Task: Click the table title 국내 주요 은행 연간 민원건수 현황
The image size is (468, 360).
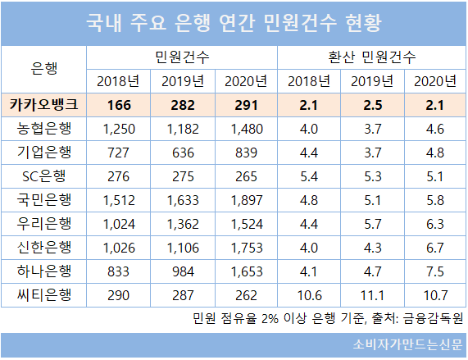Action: click(234, 23)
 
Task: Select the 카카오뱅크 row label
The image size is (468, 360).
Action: click(44, 105)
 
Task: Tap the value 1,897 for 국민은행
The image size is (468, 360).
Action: click(247, 200)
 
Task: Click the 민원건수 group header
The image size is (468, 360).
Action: click(182, 57)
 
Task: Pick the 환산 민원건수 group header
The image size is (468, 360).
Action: click(371, 57)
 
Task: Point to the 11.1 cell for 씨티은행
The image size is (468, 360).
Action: click(372, 295)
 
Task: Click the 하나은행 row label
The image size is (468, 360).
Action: click(44, 271)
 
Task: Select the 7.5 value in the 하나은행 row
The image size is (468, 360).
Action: click(435, 271)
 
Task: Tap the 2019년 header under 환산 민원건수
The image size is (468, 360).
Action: click(372, 81)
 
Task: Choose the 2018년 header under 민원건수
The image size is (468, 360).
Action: click(118, 81)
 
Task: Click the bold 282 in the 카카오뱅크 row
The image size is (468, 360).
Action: click(183, 105)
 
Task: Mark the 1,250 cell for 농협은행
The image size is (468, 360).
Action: click(119, 129)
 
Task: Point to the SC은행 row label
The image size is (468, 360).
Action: click(44, 176)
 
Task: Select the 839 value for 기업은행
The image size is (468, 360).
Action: click(246, 153)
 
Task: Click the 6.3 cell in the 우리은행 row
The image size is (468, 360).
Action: click(435, 224)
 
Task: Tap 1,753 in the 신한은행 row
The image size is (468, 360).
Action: click(247, 248)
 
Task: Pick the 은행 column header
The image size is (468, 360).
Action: click(44, 69)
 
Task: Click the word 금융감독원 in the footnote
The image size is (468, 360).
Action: click(433, 319)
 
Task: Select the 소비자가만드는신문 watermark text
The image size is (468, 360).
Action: click(407, 344)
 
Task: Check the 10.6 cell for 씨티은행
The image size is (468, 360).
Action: click(310, 295)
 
